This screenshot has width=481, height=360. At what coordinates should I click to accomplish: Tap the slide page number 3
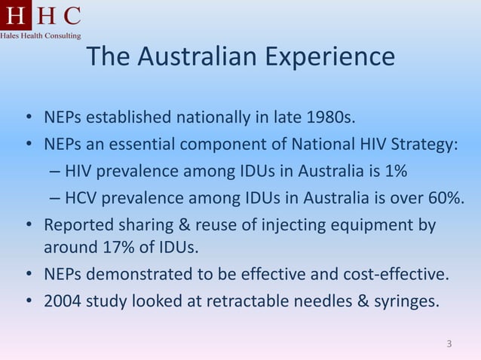pyautogui.click(x=449, y=345)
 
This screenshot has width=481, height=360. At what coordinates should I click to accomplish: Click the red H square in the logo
pyautogui.click(x=15, y=15)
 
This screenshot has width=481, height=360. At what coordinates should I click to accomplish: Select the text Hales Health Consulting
pyautogui.click(x=41, y=35)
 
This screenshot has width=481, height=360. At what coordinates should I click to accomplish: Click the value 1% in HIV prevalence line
pyautogui.click(x=395, y=171)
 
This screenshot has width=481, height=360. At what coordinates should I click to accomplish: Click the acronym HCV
pyautogui.click(x=81, y=197)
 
